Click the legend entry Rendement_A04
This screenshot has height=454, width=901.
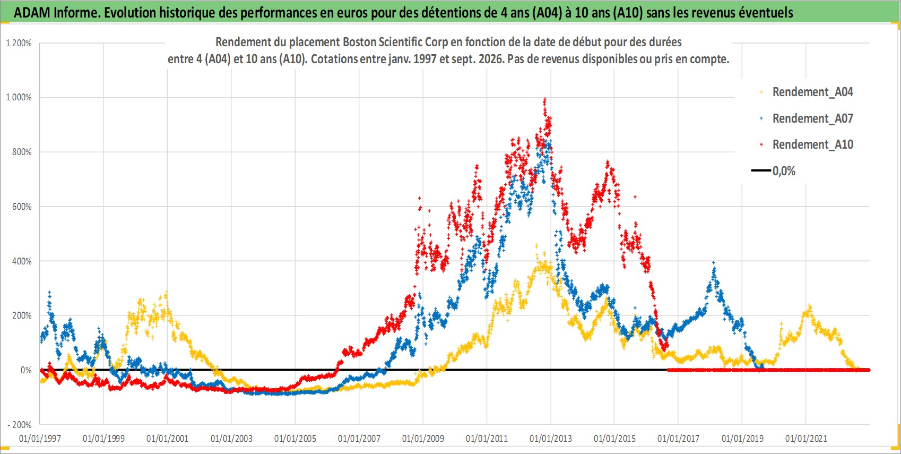coord(806,92)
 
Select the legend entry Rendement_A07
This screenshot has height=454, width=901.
coord(806,118)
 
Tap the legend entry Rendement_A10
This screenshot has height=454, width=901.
coord(806,144)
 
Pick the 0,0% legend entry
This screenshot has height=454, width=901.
coord(773,171)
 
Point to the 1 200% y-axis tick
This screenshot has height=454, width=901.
coord(19,43)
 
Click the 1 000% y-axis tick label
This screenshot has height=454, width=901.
coord(19,97)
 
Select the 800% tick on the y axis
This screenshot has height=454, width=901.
coord(22,152)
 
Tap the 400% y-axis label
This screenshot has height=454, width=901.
coord(22,261)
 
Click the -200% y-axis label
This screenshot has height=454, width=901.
coord(20,425)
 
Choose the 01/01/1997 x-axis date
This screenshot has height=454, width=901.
coord(40,438)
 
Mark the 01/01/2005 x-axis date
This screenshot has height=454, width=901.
coord(295,438)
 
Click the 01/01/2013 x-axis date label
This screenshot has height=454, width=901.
coord(551,438)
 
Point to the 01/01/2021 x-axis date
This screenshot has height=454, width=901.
coord(806,438)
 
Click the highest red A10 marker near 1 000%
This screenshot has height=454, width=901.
coord(544,99)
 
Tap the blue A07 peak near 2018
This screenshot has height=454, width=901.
coord(714,263)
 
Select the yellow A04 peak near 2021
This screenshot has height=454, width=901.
coord(809,306)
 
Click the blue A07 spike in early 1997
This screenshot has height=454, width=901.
coord(49,292)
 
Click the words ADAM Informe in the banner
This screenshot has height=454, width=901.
coord(56,13)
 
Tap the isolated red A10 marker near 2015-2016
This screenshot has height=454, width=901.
coord(635,197)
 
